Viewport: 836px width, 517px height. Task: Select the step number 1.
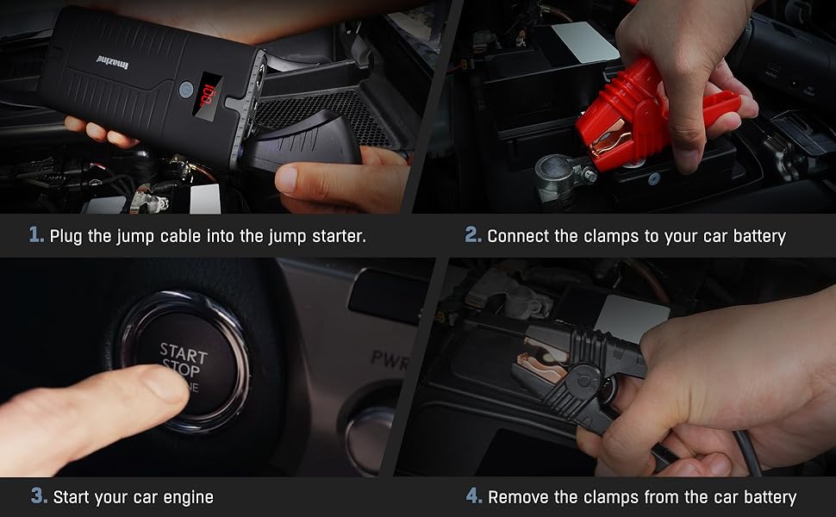(35, 235)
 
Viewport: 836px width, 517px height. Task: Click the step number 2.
(472, 235)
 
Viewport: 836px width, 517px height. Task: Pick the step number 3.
(39, 496)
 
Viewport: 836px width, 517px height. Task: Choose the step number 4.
(473, 496)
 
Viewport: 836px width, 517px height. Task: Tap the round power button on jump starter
(184, 89)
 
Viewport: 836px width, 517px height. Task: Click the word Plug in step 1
(66, 236)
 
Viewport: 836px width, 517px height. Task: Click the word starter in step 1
(339, 236)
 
